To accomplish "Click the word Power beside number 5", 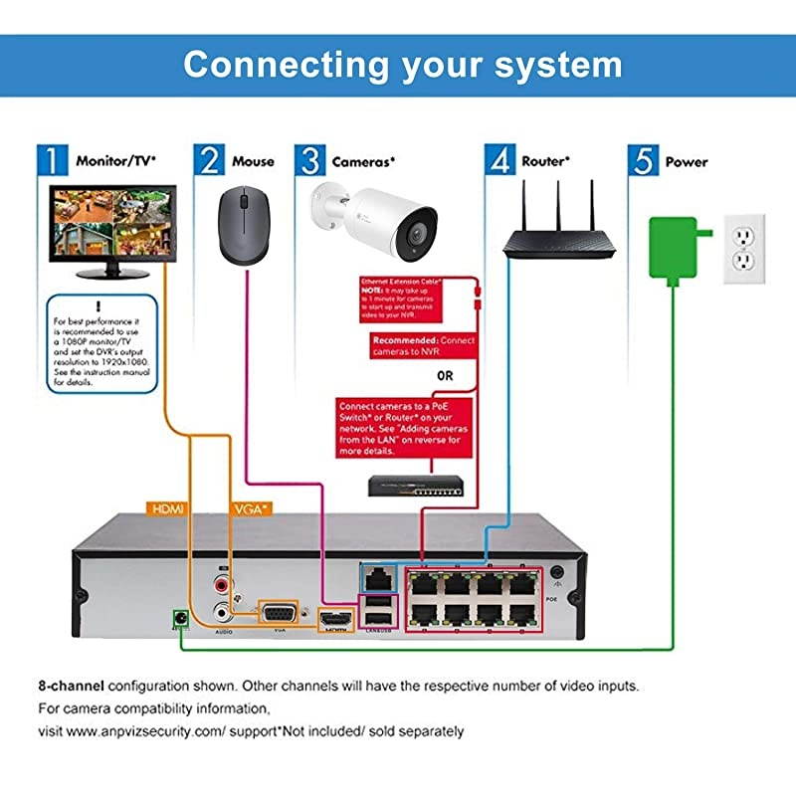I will [687, 161].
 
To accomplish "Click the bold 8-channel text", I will [71, 687].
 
